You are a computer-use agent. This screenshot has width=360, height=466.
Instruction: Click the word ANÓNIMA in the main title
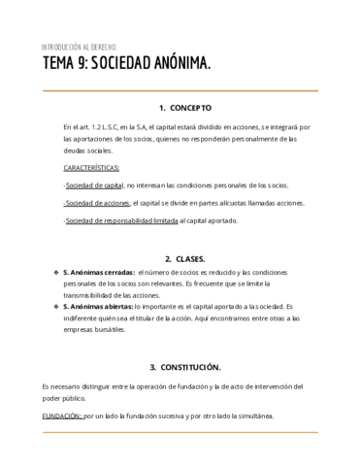tap(179, 64)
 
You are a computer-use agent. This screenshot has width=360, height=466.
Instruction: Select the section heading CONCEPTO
tap(190, 108)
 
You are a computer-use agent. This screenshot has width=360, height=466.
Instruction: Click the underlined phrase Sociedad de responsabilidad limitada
tap(120, 221)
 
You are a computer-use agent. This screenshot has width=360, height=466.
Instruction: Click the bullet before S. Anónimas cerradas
tap(55, 274)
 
